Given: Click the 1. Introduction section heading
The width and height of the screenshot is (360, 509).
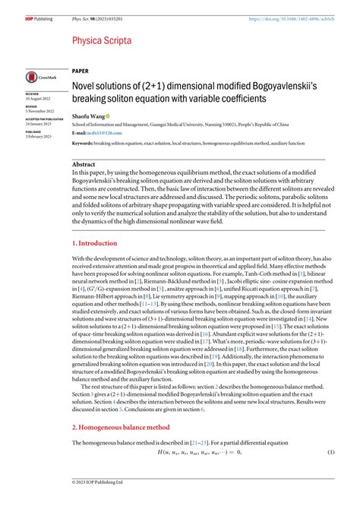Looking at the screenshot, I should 95,244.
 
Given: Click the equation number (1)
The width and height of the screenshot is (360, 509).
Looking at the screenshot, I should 331,453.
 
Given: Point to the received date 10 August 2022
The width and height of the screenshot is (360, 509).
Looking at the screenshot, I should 39,100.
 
